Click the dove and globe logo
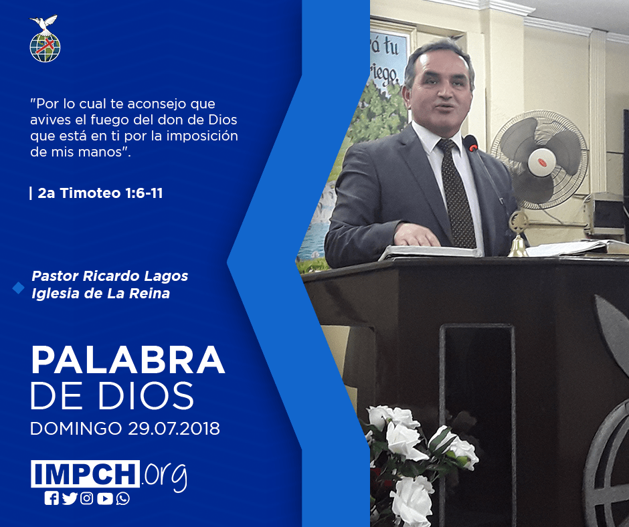(45, 39)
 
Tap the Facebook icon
(52, 498)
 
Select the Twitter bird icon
(70, 498)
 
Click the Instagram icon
(86, 498)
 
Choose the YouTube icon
(104, 498)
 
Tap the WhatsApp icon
(122, 498)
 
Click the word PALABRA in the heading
(128, 360)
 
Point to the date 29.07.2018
(174, 428)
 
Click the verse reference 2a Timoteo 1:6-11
(100, 193)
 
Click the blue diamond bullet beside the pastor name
(19, 288)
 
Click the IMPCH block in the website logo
(85, 473)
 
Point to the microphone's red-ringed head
(471, 143)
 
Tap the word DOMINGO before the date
(76, 428)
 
